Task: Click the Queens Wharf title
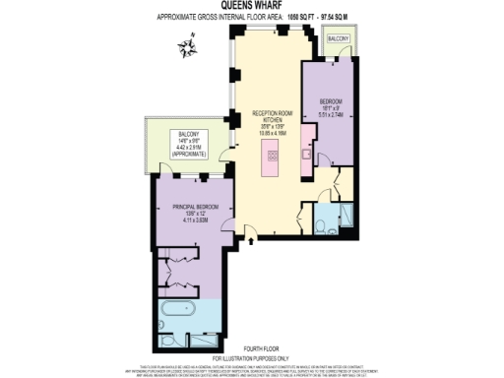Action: pyautogui.click(x=252, y=6)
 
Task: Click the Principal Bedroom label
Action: pyautogui.click(x=188, y=207)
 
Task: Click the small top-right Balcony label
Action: pyautogui.click(x=338, y=37)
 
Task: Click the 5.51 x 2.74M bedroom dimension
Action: pyautogui.click(x=330, y=114)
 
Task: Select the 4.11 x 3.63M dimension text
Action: pyautogui.click(x=188, y=220)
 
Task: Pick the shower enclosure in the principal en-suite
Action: pyautogui.click(x=202, y=341)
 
